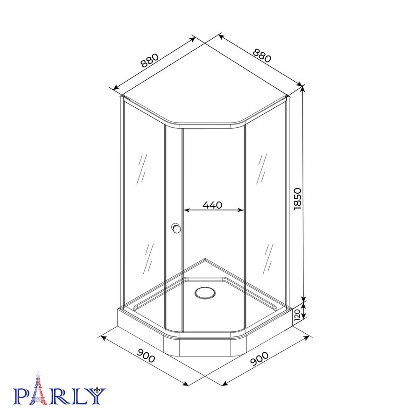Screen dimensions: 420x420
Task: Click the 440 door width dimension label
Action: tap(212, 205)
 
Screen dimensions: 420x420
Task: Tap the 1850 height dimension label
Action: tap(298, 199)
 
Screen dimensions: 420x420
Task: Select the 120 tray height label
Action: tap(297, 315)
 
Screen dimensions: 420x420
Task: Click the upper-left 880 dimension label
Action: tap(150, 61)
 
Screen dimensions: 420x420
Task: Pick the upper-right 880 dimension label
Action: tap(262, 56)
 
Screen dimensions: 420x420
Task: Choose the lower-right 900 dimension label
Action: tap(259, 359)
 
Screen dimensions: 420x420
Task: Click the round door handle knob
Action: tap(176, 228)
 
